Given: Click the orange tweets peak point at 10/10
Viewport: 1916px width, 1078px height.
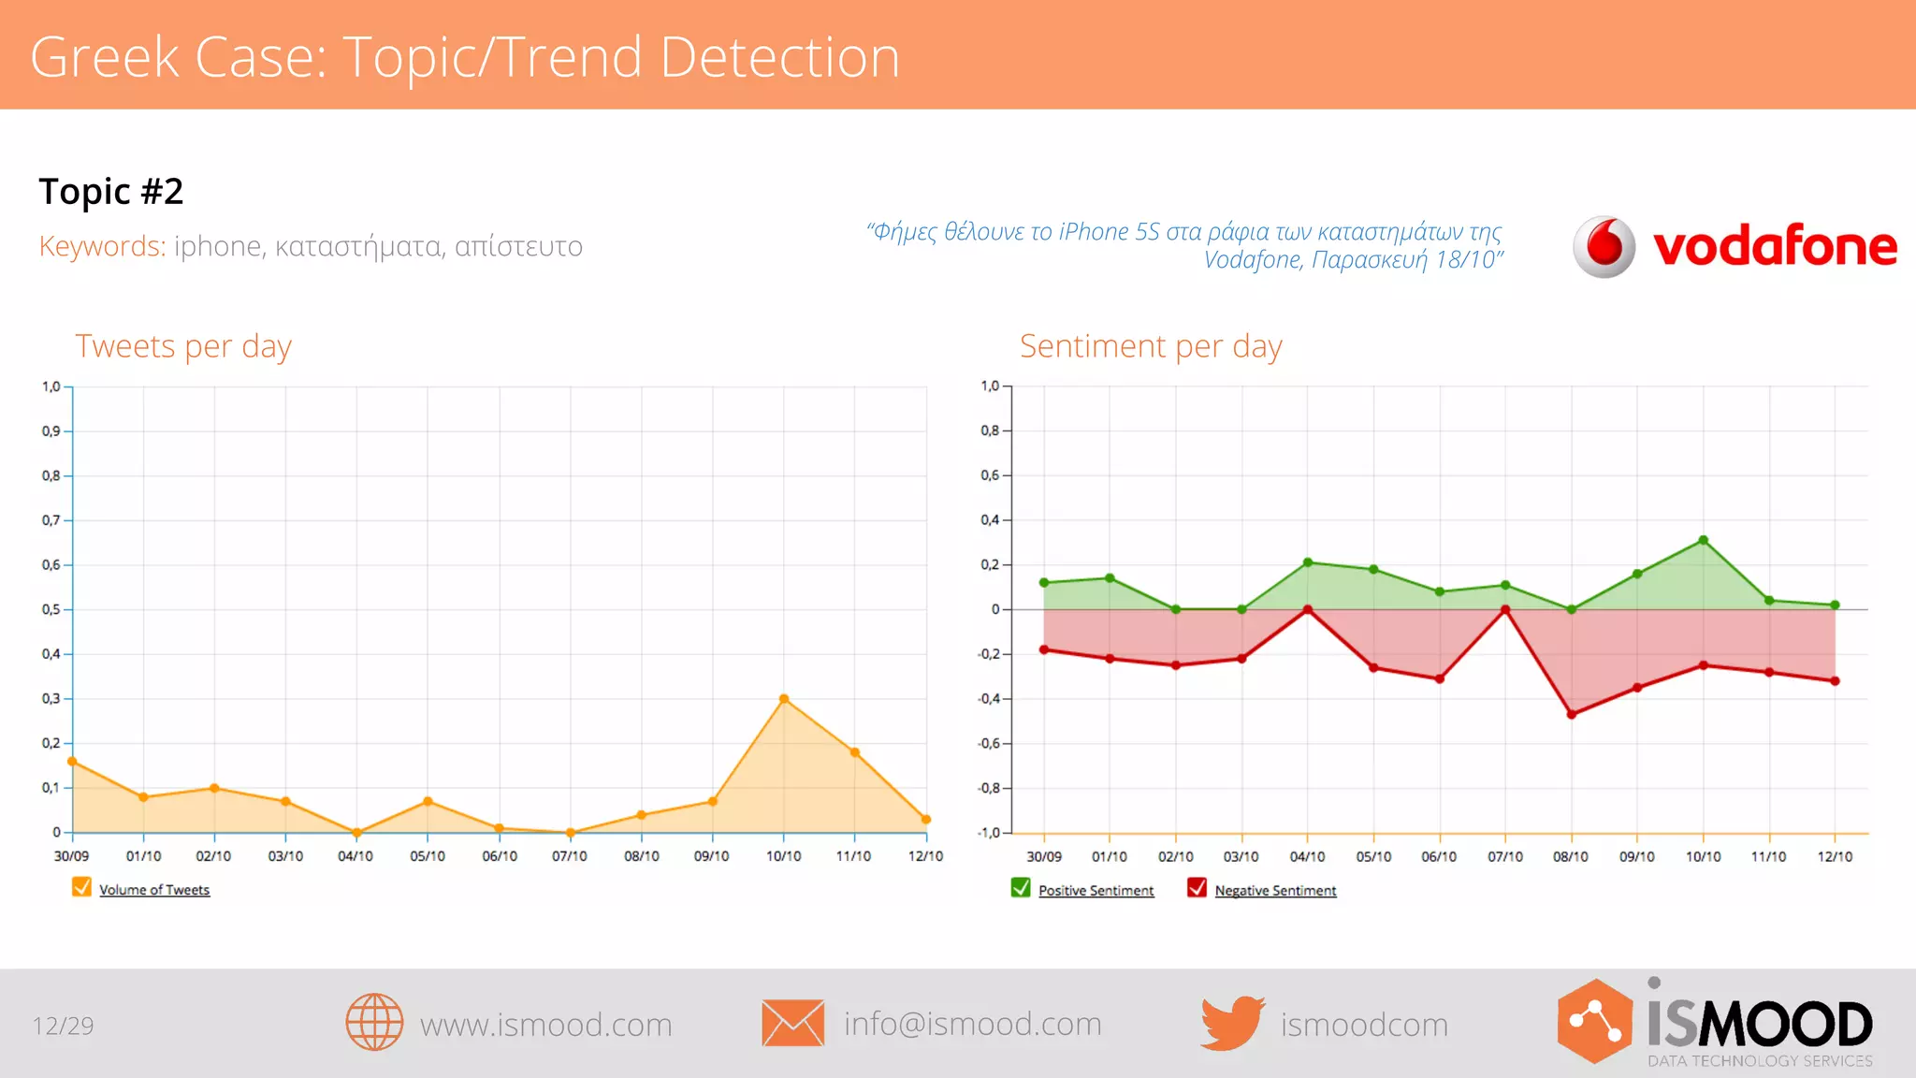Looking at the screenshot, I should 784,699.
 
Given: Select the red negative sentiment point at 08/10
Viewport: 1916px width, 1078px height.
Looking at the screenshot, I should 1572,715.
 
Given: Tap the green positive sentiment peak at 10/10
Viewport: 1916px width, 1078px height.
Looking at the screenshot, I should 1704,540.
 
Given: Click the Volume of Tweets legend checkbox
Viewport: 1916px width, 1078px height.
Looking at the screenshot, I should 81,887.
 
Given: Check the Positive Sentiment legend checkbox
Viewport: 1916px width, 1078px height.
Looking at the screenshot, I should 1021,888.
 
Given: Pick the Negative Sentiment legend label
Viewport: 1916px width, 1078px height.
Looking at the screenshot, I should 1275,891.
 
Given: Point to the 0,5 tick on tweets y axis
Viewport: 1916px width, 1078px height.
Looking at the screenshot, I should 51,609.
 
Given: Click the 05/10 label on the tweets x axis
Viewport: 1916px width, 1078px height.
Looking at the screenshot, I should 428,856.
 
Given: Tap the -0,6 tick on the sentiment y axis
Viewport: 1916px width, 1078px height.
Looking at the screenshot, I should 990,743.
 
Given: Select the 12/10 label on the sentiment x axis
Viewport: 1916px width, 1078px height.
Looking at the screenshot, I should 1835,856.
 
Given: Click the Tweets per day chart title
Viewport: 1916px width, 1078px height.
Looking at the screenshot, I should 183,346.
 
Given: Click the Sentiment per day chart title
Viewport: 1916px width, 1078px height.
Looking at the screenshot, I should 1151,346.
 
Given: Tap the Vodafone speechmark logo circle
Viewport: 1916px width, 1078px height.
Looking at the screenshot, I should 1604,246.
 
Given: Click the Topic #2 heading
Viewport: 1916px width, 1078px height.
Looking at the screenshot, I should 111,191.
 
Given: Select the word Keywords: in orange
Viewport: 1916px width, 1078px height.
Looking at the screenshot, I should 102,246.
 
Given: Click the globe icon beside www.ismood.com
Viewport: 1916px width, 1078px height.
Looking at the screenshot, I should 374,1022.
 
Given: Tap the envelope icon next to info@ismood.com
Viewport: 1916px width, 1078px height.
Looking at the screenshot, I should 792,1023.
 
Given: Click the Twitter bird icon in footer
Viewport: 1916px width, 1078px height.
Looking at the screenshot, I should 1232,1023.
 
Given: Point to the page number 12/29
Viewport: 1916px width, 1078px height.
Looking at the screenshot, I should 64,1026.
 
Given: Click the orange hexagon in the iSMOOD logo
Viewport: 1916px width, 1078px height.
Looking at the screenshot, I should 1595,1021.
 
